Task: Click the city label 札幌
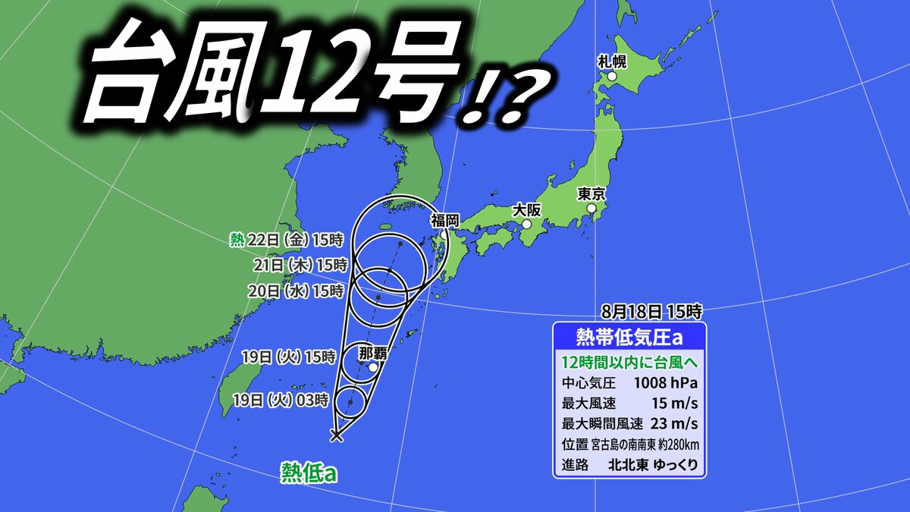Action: (610, 61)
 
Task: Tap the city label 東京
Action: (591, 193)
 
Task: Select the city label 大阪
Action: (526, 209)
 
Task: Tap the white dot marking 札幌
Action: (611, 76)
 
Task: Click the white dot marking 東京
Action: (591, 209)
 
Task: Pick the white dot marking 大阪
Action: (526, 225)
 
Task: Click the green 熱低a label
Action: (308, 473)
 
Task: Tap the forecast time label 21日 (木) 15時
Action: (300, 265)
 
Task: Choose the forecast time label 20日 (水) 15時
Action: (297, 291)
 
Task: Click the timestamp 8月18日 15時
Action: (651, 310)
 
